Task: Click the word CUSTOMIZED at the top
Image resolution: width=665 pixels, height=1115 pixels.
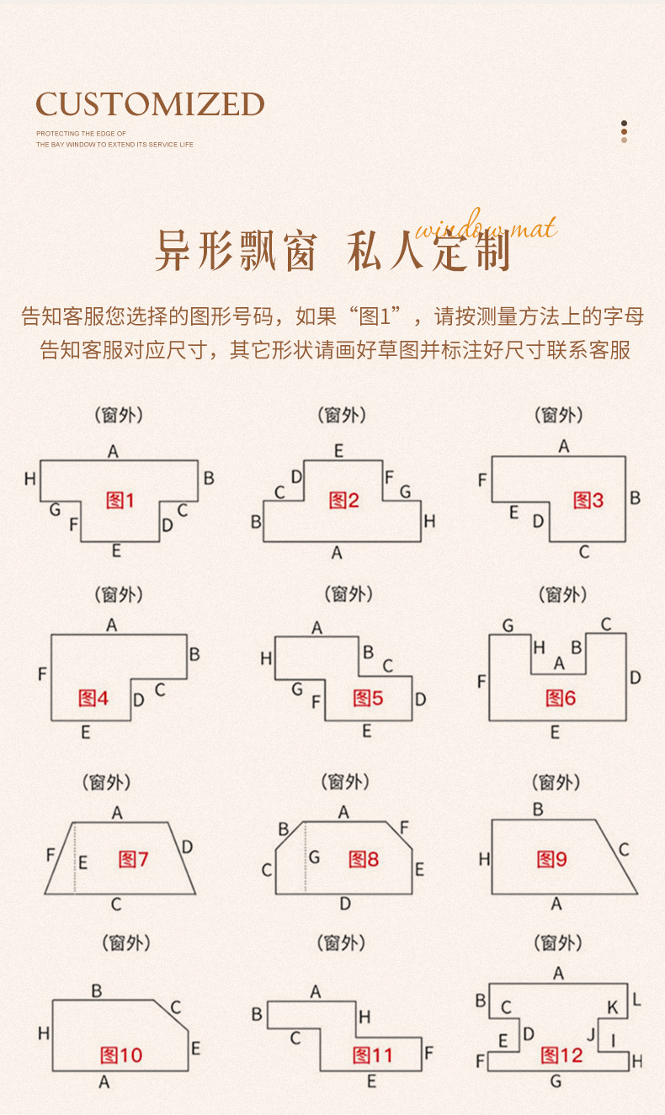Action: (x=150, y=104)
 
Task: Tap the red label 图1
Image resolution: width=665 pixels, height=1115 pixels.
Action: (x=120, y=501)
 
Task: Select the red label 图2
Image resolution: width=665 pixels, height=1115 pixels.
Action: (x=343, y=501)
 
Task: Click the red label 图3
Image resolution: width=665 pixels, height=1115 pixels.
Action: (x=588, y=501)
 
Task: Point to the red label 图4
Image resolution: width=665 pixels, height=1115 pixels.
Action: (x=93, y=698)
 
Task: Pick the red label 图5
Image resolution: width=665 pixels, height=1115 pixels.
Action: (x=368, y=698)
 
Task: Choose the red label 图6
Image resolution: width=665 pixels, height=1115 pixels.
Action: (x=560, y=698)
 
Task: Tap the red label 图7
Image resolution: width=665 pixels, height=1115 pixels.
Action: (x=133, y=859)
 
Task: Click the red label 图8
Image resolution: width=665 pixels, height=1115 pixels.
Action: (x=364, y=859)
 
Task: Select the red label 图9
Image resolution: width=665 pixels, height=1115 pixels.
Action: (x=552, y=859)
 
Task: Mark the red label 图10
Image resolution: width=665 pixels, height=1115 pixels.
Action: (x=121, y=1055)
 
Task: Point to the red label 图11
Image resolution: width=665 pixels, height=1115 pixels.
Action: (x=372, y=1055)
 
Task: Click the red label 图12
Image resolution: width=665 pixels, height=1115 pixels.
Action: (x=561, y=1055)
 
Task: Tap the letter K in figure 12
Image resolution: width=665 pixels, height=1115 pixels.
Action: (x=612, y=1007)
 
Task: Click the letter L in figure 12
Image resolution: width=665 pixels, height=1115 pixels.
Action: (x=636, y=1000)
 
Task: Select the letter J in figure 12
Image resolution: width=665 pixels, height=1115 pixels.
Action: (x=591, y=1033)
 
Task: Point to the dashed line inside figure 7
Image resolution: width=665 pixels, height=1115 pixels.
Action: (x=75, y=858)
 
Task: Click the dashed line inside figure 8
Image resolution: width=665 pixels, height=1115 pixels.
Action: (x=305, y=858)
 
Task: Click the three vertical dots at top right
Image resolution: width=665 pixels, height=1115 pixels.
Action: (x=624, y=131)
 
